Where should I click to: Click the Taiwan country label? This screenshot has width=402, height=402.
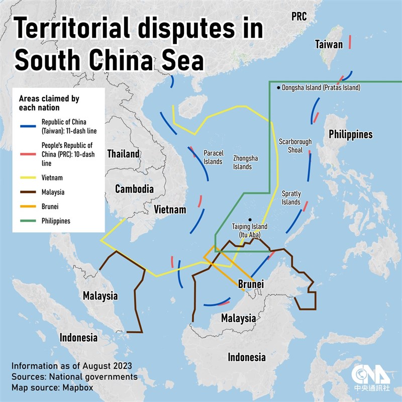click(x=329, y=44)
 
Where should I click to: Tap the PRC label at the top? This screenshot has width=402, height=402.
click(x=299, y=17)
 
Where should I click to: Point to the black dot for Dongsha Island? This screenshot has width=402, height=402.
click(x=278, y=87)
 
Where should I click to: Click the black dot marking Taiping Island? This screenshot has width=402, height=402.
click(x=250, y=219)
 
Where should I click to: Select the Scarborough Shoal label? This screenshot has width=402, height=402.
click(x=295, y=146)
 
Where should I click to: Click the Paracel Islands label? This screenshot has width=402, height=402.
click(x=213, y=157)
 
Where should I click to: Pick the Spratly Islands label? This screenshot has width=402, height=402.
click(x=291, y=197)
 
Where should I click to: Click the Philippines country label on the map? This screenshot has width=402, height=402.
click(x=350, y=134)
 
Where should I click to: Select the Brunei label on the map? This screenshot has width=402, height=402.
click(x=251, y=284)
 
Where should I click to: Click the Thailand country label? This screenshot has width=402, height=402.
click(x=123, y=154)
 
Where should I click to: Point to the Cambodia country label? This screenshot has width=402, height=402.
click(x=134, y=189)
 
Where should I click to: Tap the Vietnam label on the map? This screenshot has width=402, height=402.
click(x=170, y=210)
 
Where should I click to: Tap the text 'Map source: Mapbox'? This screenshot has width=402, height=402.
click(x=52, y=387)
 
